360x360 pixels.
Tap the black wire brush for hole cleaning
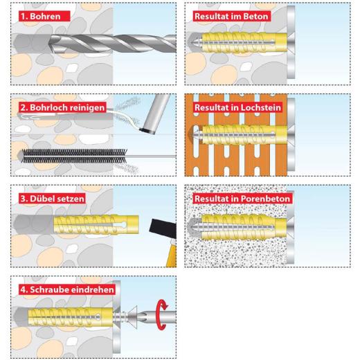pyautogui.click(x=69, y=153)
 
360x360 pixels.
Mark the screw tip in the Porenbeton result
pyautogui.click(x=195, y=225)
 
